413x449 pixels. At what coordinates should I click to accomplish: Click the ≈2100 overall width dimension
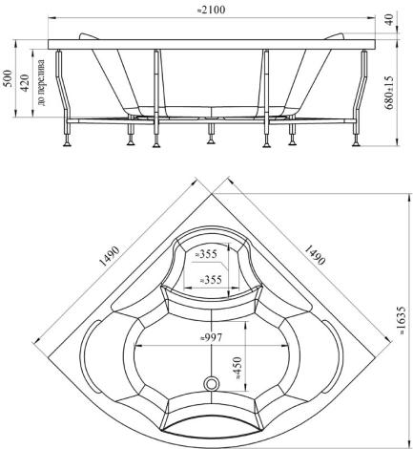(211, 10)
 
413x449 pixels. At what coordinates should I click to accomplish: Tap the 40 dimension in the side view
(390, 20)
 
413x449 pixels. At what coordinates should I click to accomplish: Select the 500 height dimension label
(9, 78)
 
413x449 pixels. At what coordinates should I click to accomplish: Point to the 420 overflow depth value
(25, 82)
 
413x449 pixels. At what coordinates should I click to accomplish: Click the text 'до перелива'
(41, 82)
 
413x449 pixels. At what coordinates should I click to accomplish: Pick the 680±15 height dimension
(389, 93)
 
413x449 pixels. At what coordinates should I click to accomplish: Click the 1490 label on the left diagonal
(110, 256)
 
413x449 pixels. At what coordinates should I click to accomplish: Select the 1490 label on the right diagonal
(315, 254)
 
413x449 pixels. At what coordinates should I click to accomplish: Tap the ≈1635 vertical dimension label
(402, 320)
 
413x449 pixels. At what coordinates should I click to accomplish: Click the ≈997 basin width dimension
(211, 337)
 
